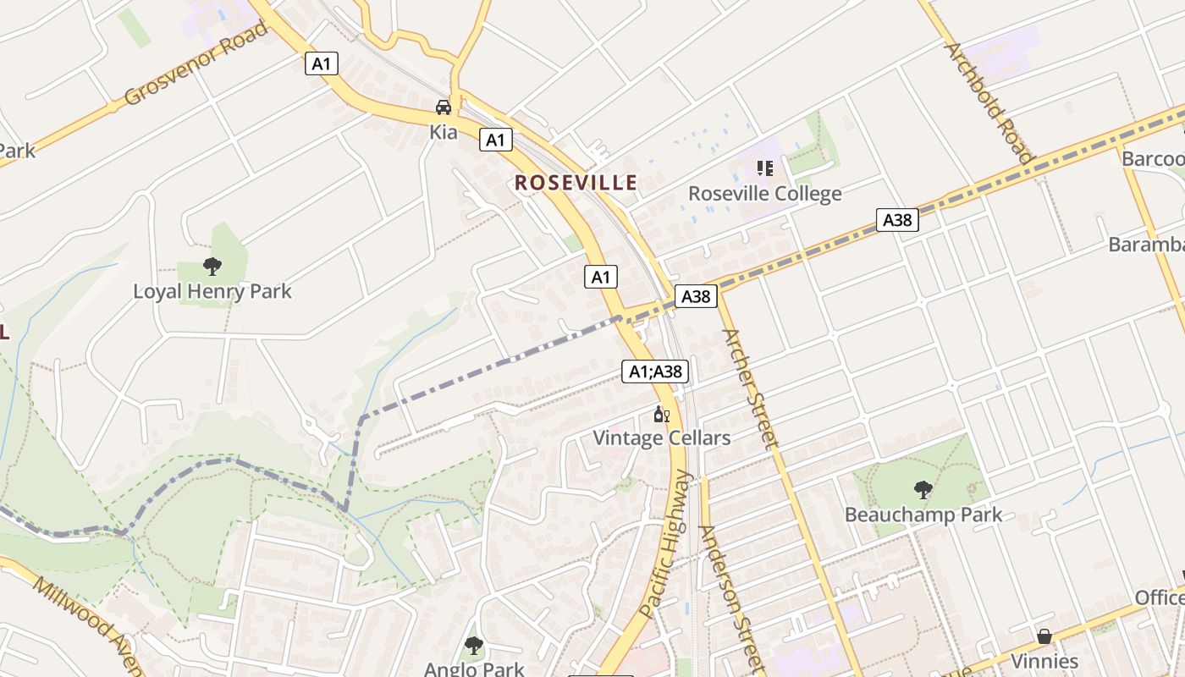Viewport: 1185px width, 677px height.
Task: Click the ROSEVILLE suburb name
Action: coord(576,183)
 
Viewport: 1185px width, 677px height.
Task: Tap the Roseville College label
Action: coord(764,194)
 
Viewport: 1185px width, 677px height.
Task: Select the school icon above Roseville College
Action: coord(765,168)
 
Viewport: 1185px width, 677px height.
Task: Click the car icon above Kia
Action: coord(444,107)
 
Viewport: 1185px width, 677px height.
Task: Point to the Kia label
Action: coord(444,132)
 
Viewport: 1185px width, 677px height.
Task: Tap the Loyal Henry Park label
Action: coord(212,292)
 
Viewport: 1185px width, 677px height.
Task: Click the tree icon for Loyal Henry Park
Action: coord(212,267)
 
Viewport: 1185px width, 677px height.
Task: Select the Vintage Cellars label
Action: coord(661,438)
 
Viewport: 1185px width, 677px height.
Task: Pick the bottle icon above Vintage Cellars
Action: coord(661,415)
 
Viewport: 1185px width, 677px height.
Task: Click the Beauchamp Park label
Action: coord(923,515)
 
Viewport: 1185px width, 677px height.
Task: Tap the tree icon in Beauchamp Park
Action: coord(923,489)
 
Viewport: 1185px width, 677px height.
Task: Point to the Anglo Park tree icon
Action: coord(474,647)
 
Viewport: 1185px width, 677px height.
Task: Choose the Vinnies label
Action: coord(1045,661)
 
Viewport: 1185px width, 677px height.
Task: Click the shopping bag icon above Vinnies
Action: coord(1044,636)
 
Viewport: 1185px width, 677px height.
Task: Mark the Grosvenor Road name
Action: coord(196,64)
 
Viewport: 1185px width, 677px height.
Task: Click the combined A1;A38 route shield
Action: coord(655,372)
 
